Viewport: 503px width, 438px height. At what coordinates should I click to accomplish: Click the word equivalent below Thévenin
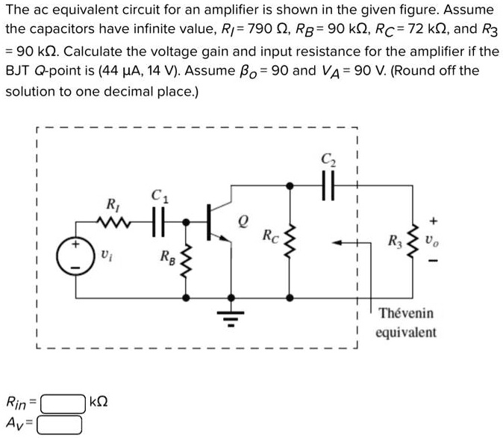406,332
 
